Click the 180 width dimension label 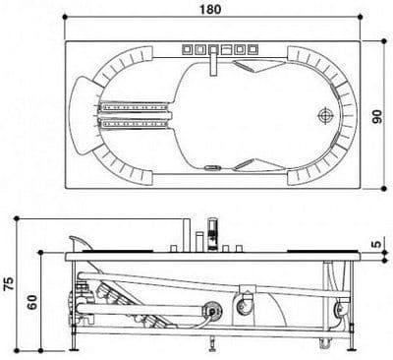[x=210, y=9]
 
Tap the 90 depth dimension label [x=377, y=116]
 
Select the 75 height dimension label [x=9, y=283]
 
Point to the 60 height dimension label [x=32, y=302]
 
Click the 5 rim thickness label [x=377, y=244]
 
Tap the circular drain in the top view [x=326, y=116]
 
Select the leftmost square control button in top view [x=187, y=49]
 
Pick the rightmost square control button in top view [x=253, y=49]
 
